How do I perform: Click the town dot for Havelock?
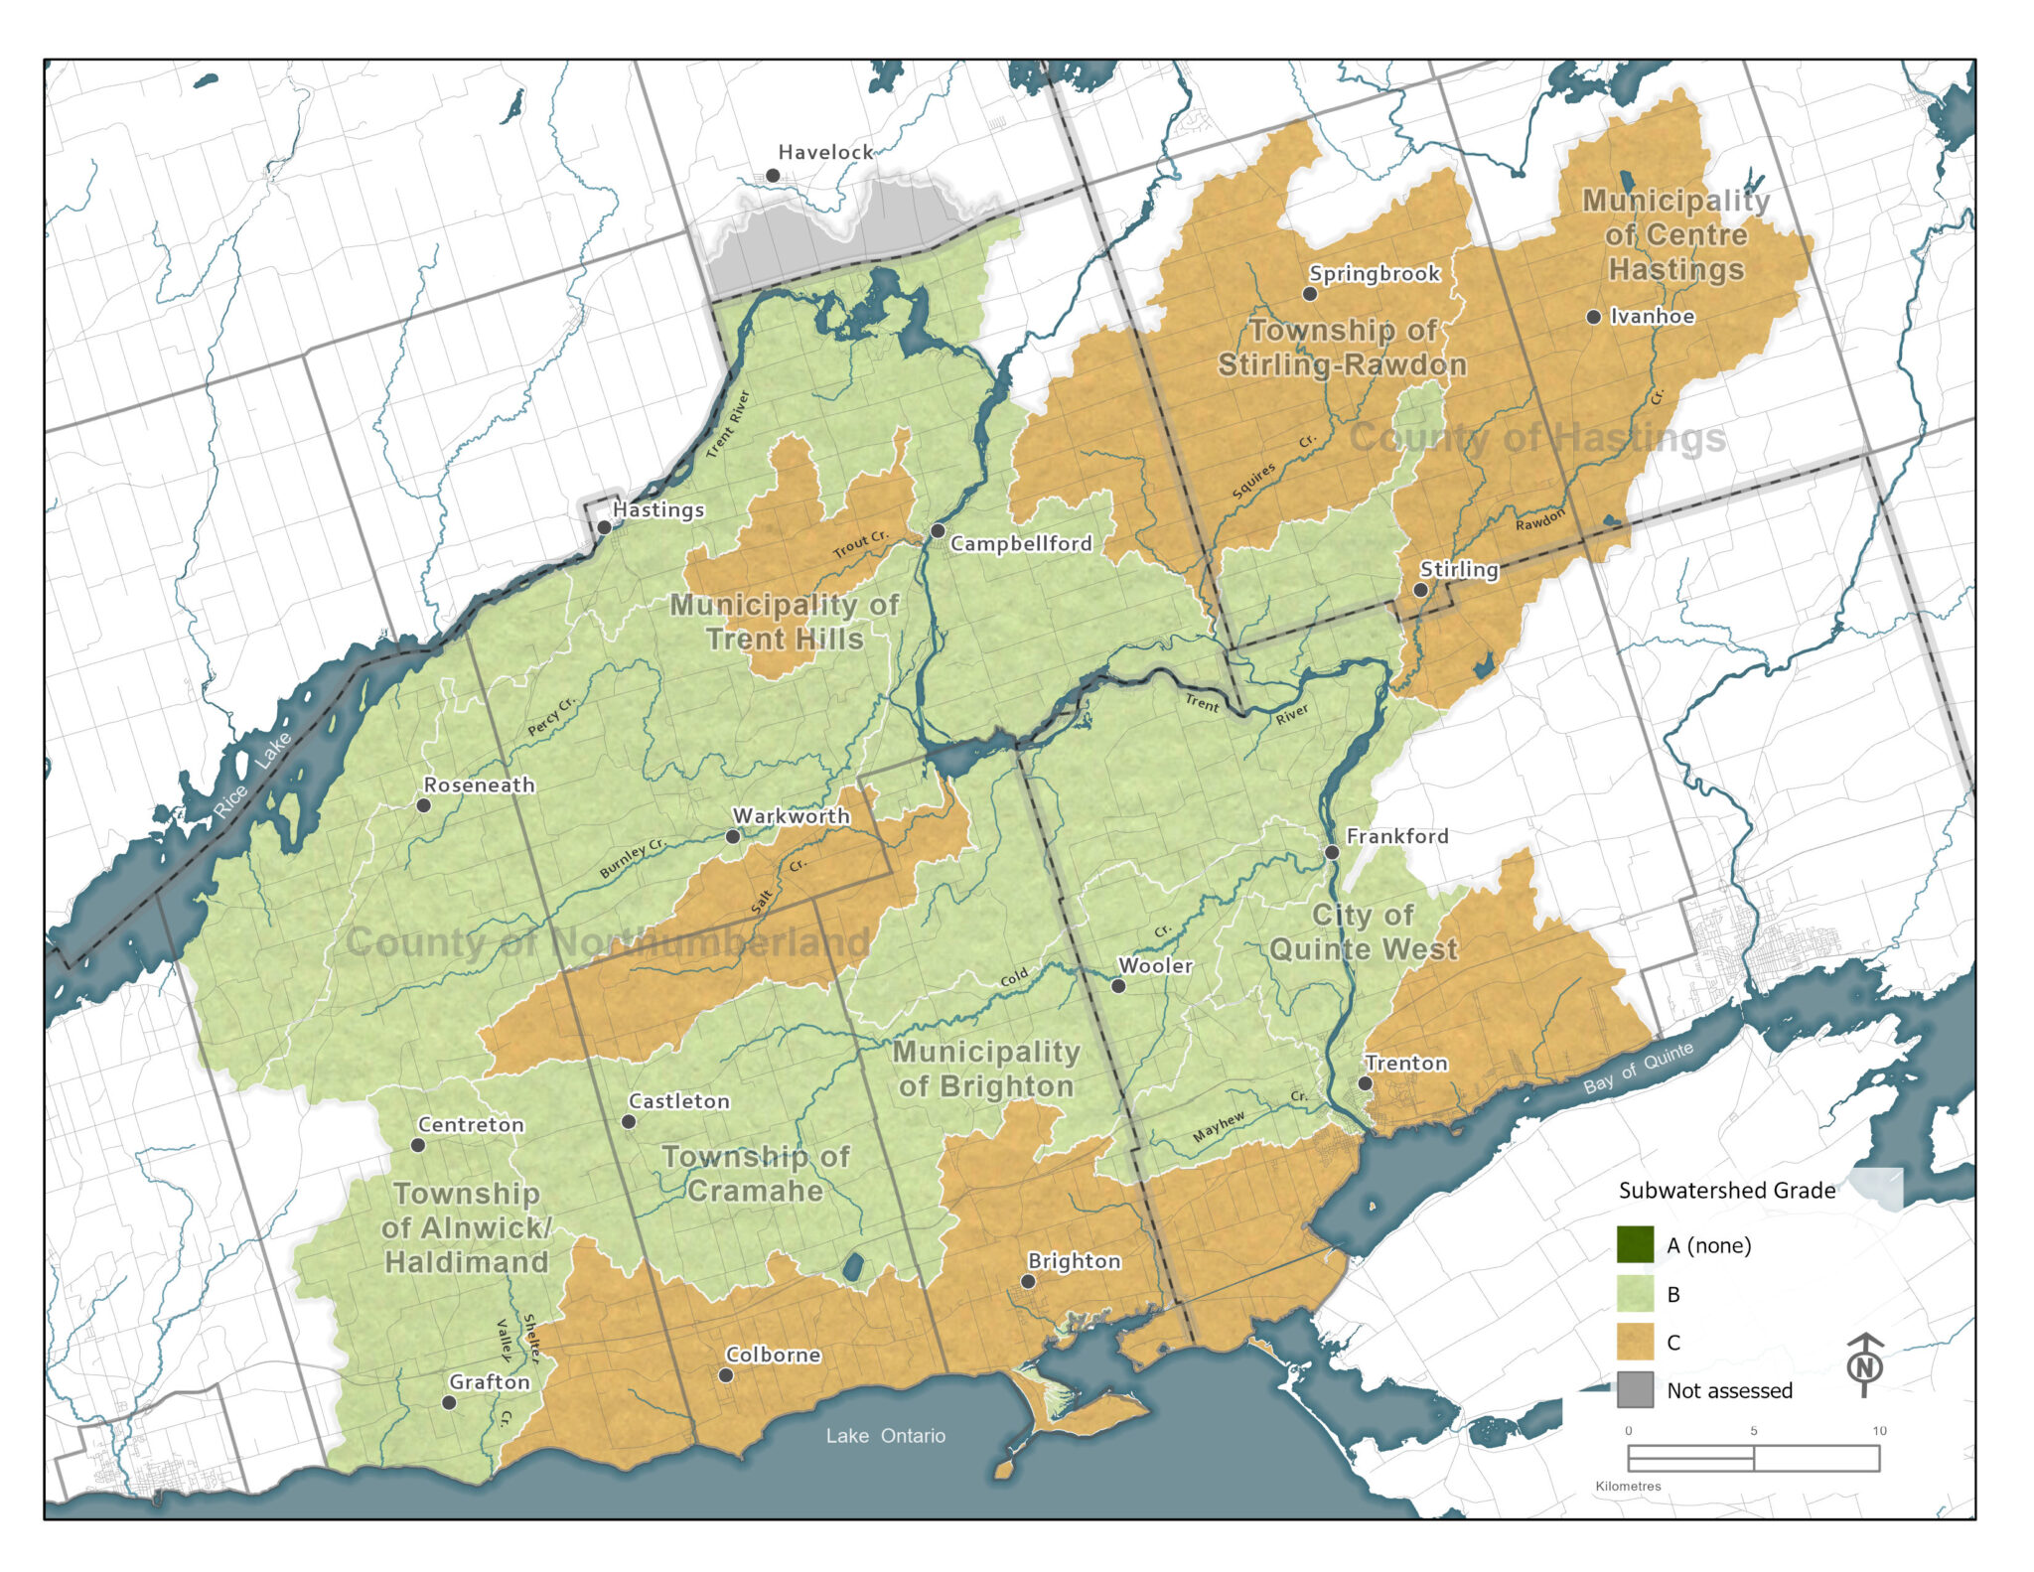[772, 176]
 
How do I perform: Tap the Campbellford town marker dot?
[938, 531]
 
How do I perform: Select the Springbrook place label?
[1374, 273]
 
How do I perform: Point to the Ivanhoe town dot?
[1593, 317]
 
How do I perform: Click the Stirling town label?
[1458, 569]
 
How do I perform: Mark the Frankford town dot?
[1332, 852]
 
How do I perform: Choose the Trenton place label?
[1405, 1063]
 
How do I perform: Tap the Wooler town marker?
[1118, 986]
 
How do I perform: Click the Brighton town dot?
[1028, 1282]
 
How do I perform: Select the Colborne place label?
[773, 1355]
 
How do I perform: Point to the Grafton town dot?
[449, 1403]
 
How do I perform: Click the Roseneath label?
[479, 785]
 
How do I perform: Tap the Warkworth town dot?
[733, 836]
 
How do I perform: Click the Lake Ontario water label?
[885, 1435]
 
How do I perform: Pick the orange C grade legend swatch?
[1635, 1342]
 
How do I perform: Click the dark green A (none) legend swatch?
[1635, 1244]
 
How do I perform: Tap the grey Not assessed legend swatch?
[1635, 1389]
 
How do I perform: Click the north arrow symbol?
[1864, 1365]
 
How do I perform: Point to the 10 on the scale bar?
[1878, 1431]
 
